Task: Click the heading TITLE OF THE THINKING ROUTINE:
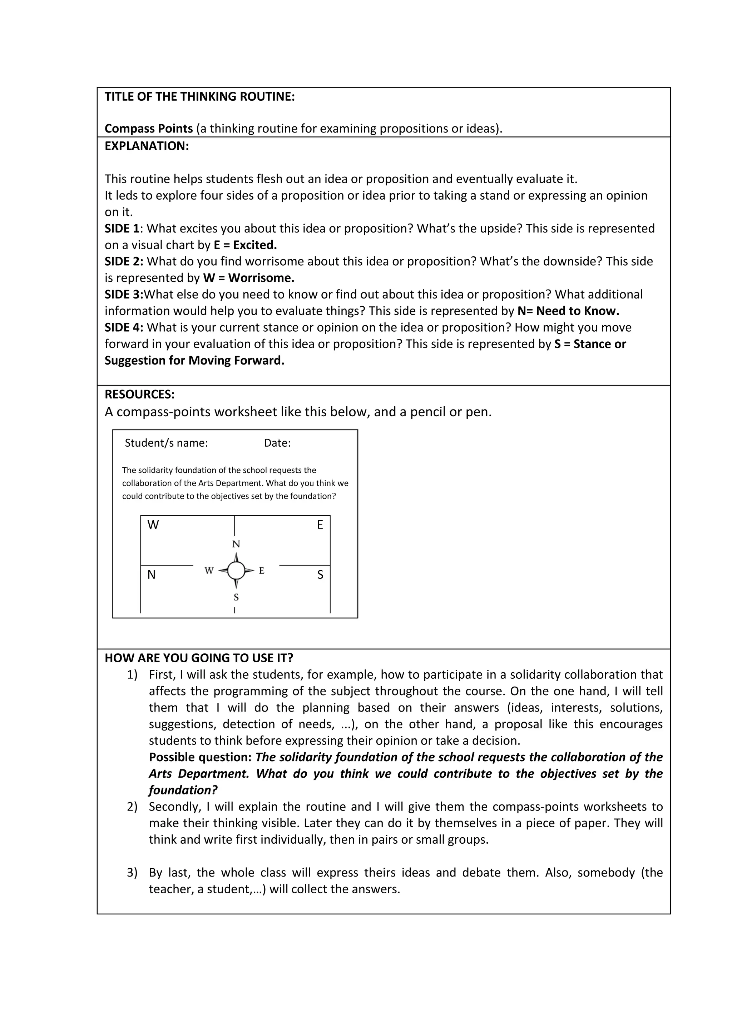tap(200, 97)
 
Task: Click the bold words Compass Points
tap(149, 129)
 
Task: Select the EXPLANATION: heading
tap(147, 146)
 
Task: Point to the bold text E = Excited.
tap(245, 245)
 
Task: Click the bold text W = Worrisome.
tap(248, 278)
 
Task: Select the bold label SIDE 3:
tap(124, 295)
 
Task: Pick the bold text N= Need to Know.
tap(568, 311)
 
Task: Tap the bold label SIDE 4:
tap(124, 328)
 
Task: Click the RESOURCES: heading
tap(140, 395)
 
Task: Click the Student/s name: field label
tap(166, 443)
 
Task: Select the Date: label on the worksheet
tap(277, 443)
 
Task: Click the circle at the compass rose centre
tap(236, 571)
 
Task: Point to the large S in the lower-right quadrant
tap(320, 575)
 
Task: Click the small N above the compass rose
tap(236, 544)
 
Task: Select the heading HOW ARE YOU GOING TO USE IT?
tap(199, 658)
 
